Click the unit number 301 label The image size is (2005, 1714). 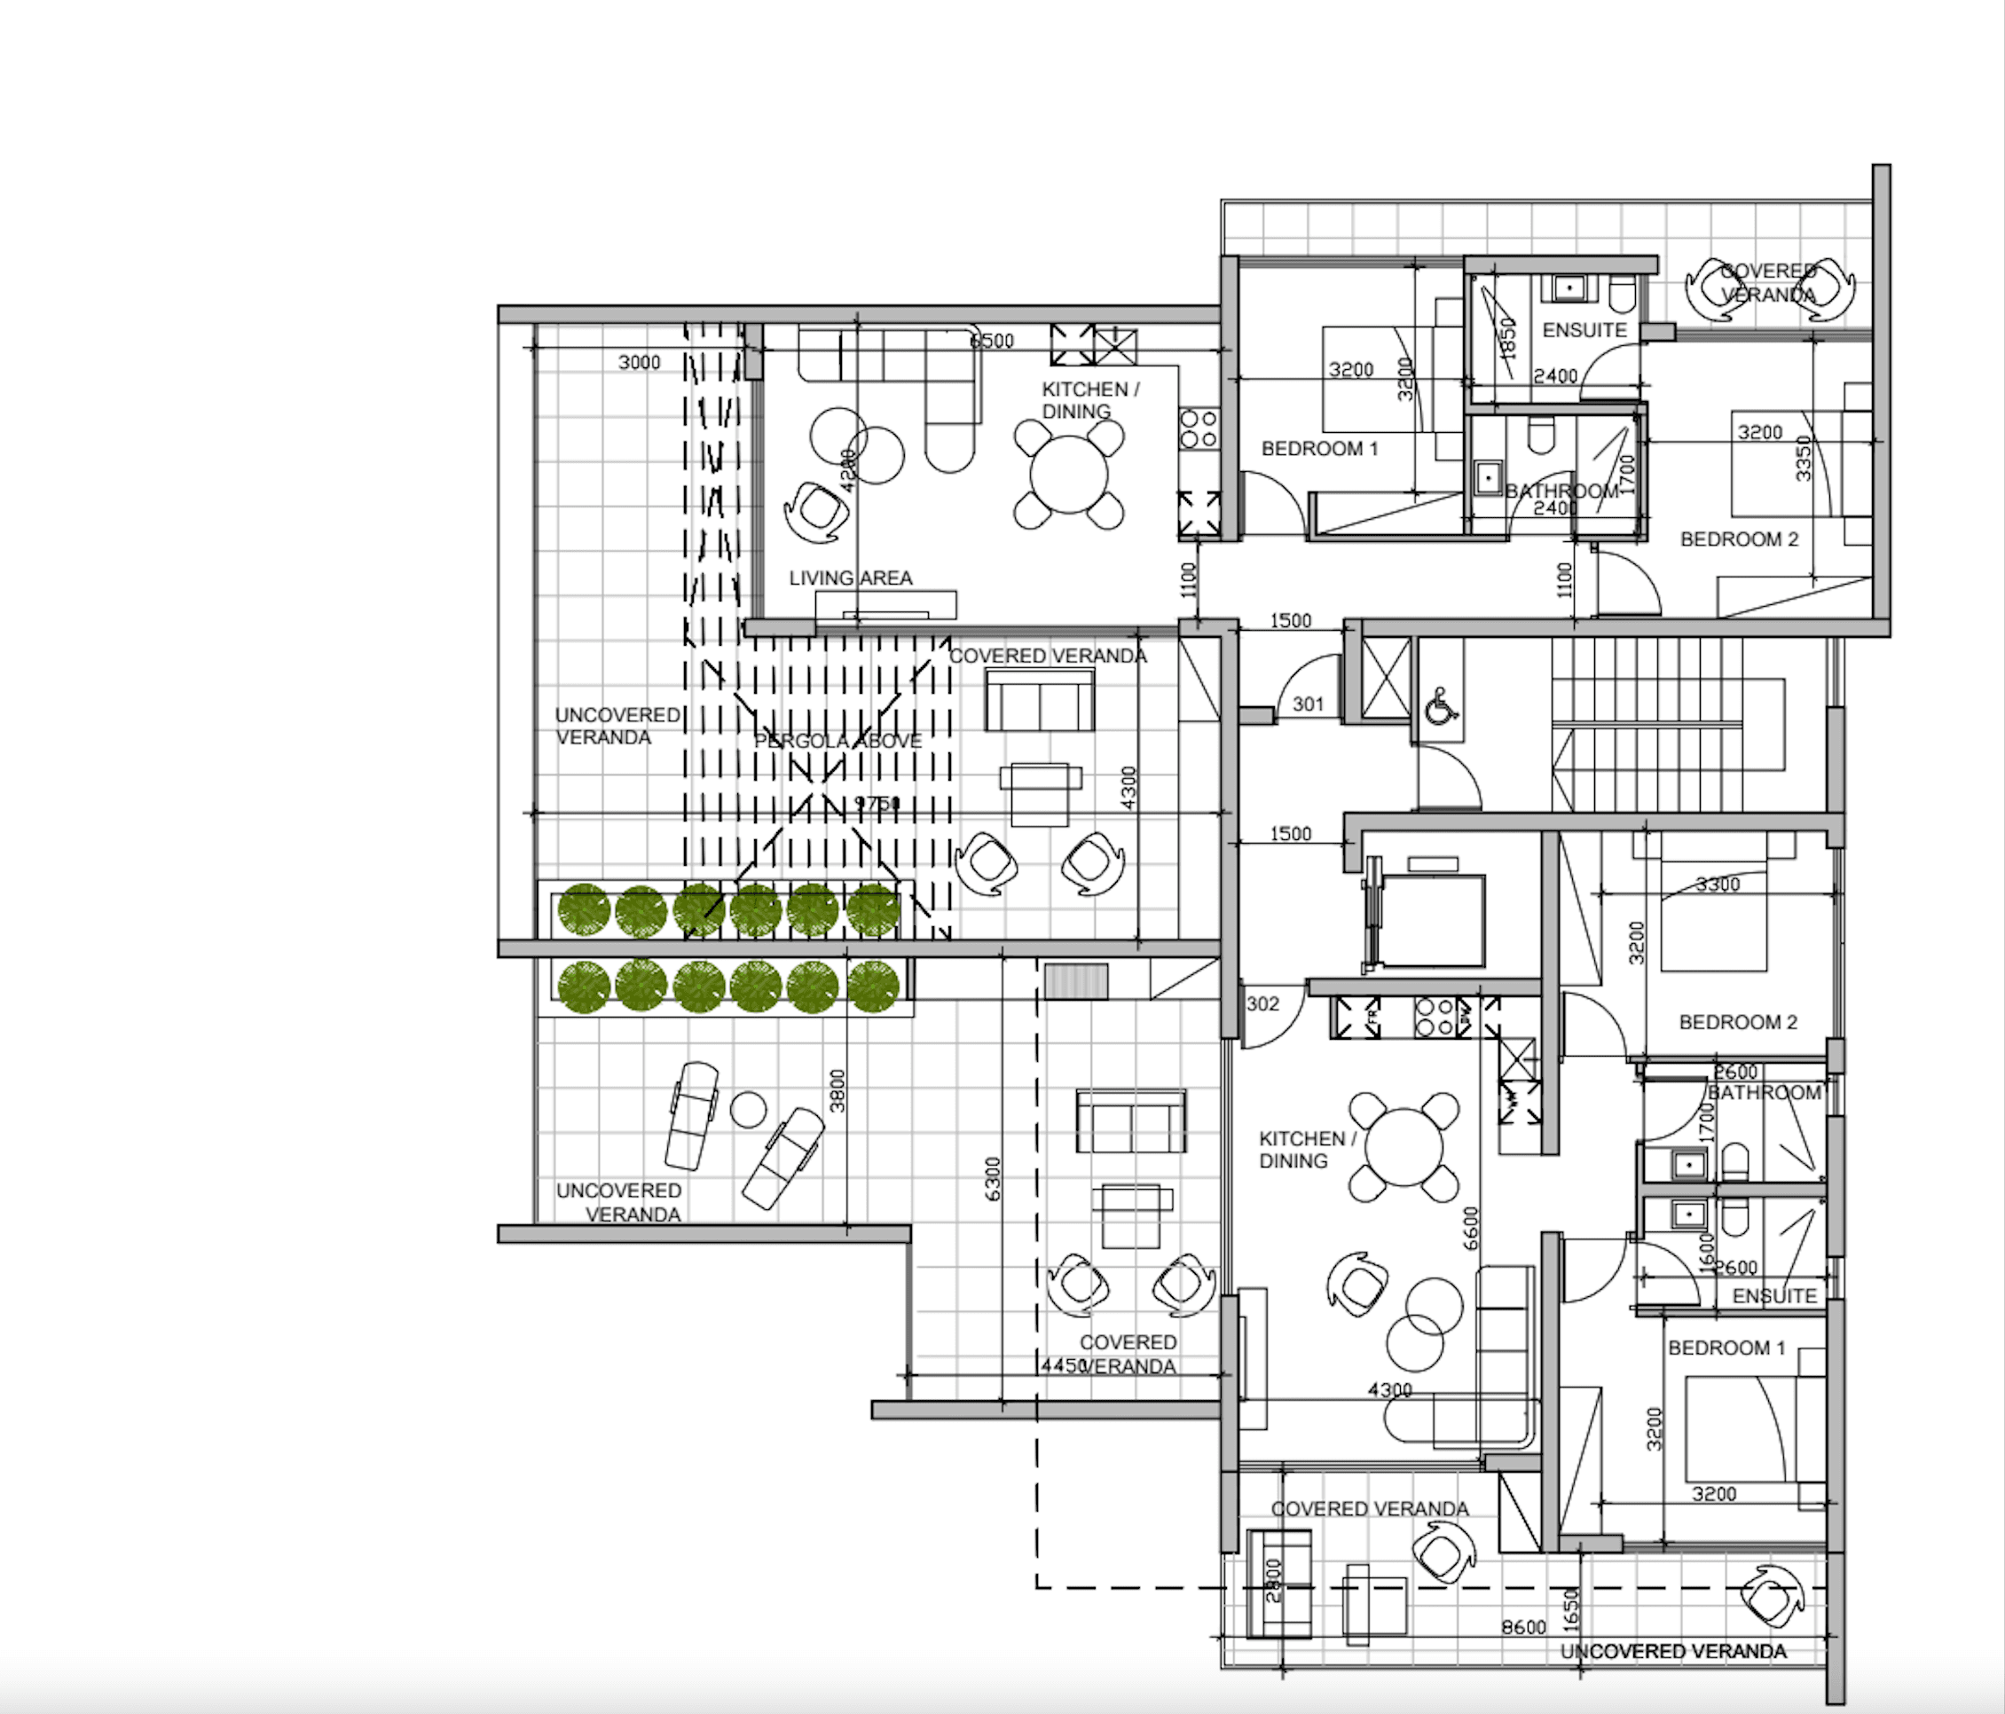(x=1308, y=704)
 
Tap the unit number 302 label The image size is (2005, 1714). (x=1262, y=1003)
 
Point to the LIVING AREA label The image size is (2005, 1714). (x=850, y=578)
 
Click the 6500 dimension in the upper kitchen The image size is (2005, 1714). (x=992, y=341)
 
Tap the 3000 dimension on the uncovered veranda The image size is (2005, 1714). (x=639, y=362)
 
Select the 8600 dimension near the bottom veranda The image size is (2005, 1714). (x=1523, y=1627)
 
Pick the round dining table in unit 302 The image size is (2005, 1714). (x=1403, y=1148)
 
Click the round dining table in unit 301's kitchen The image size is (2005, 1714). (x=1068, y=476)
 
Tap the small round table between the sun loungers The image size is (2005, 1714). (x=748, y=1109)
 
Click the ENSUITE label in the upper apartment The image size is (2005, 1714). (x=1584, y=330)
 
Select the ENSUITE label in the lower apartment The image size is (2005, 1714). (x=1773, y=1295)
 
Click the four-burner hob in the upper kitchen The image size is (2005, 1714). (x=1198, y=428)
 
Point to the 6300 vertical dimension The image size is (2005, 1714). (x=992, y=1179)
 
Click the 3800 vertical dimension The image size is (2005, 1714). (x=838, y=1089)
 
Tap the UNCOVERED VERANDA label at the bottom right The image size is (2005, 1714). (x=1673, y=1651)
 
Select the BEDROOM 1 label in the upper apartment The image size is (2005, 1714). (x=1319, y=448)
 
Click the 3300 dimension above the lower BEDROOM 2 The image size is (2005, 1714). (x=1718, y=884)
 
